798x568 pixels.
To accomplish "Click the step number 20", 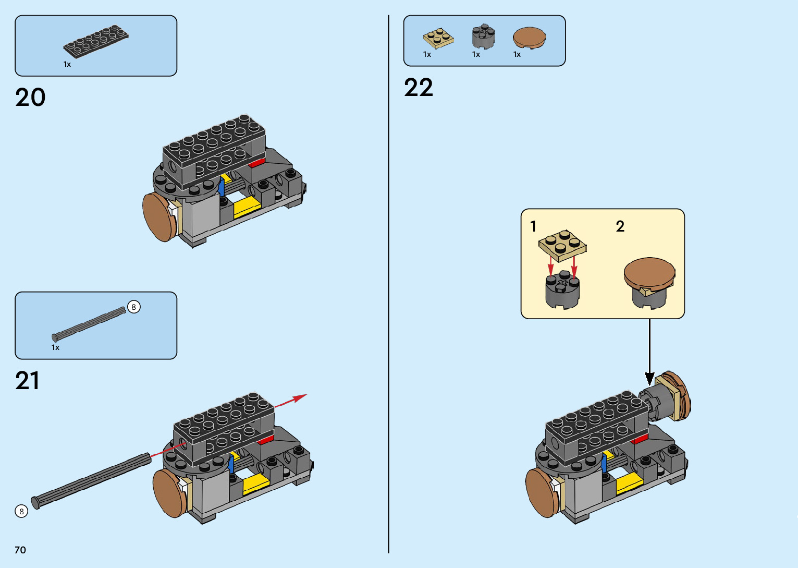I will [30, 98].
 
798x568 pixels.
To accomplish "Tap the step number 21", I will [27, 381].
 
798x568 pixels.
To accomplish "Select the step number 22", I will [418, 88].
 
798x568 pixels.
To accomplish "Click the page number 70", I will [20, 550].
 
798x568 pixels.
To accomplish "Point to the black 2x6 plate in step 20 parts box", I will [96, 41].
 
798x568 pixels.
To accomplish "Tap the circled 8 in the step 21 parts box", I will [133, 307].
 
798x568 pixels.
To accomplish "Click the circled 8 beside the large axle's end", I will [21, 511].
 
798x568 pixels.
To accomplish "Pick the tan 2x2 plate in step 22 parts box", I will [438, 39].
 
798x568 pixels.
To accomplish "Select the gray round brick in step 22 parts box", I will [483, 36].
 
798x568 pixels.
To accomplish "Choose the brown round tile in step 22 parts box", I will [529, 38].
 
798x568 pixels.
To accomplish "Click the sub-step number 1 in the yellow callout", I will [533, 226].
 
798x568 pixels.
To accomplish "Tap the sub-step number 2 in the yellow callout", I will [620, 226].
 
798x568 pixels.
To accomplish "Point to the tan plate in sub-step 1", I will [562, 245].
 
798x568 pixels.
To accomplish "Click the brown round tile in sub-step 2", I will [649, 272].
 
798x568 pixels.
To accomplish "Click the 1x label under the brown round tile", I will [517, 54].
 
